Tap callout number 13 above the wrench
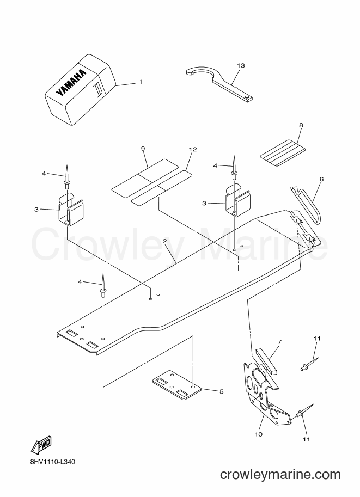[241, 66]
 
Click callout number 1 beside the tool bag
[141, 82]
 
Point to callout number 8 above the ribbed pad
[301, 125]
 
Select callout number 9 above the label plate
[143, 149]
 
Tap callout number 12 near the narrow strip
[193, 149]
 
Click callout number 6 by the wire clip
[321, 179]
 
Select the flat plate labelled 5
[177, 385]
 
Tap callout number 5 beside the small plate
[222, 391]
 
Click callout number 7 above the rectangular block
[279, 342]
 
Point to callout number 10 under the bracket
[259, 434]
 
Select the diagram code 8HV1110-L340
[51, 462]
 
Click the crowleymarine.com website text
[280, 475]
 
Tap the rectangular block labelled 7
[266, 361]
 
